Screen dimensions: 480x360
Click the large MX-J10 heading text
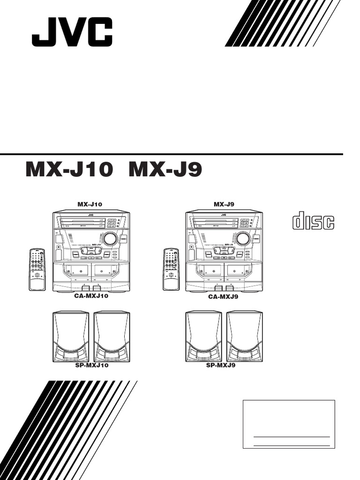(69, 171)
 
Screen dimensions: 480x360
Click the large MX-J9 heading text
(165, 171)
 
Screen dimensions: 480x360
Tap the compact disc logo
(314, 222)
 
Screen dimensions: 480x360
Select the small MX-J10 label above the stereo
(90, 204)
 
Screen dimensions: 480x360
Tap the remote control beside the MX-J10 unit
(37, 270)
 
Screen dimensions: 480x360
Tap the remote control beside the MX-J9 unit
(171, 270)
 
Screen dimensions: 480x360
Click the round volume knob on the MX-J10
(110, 239)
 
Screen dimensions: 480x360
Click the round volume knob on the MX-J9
(243, 239)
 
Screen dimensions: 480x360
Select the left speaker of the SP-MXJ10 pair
(70, 337)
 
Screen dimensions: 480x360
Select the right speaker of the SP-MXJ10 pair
(112, 337)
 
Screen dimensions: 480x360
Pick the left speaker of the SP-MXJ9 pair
(203, 337)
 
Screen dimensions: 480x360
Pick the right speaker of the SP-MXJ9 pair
(245, 337)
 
